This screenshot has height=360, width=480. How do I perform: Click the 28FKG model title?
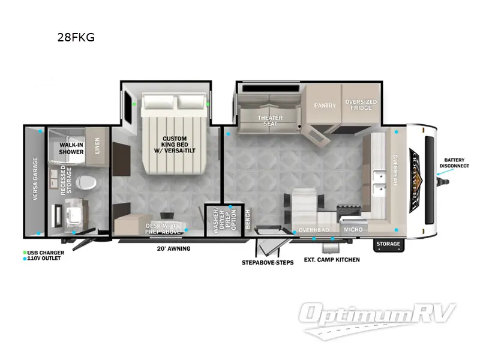pos(75,37)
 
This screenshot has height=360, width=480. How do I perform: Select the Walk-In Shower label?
pos(70,149)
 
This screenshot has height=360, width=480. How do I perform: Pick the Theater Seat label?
pos(270,120)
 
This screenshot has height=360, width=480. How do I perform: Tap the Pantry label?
pos(325,106)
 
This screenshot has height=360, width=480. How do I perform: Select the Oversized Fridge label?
pos(361,106)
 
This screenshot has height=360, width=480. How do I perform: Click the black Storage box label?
pos(388,244)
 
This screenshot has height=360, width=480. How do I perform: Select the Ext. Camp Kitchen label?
pos(332,260)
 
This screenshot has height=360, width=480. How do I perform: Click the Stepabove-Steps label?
pos(268,263)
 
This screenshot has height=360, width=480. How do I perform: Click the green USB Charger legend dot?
pos(25,253)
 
